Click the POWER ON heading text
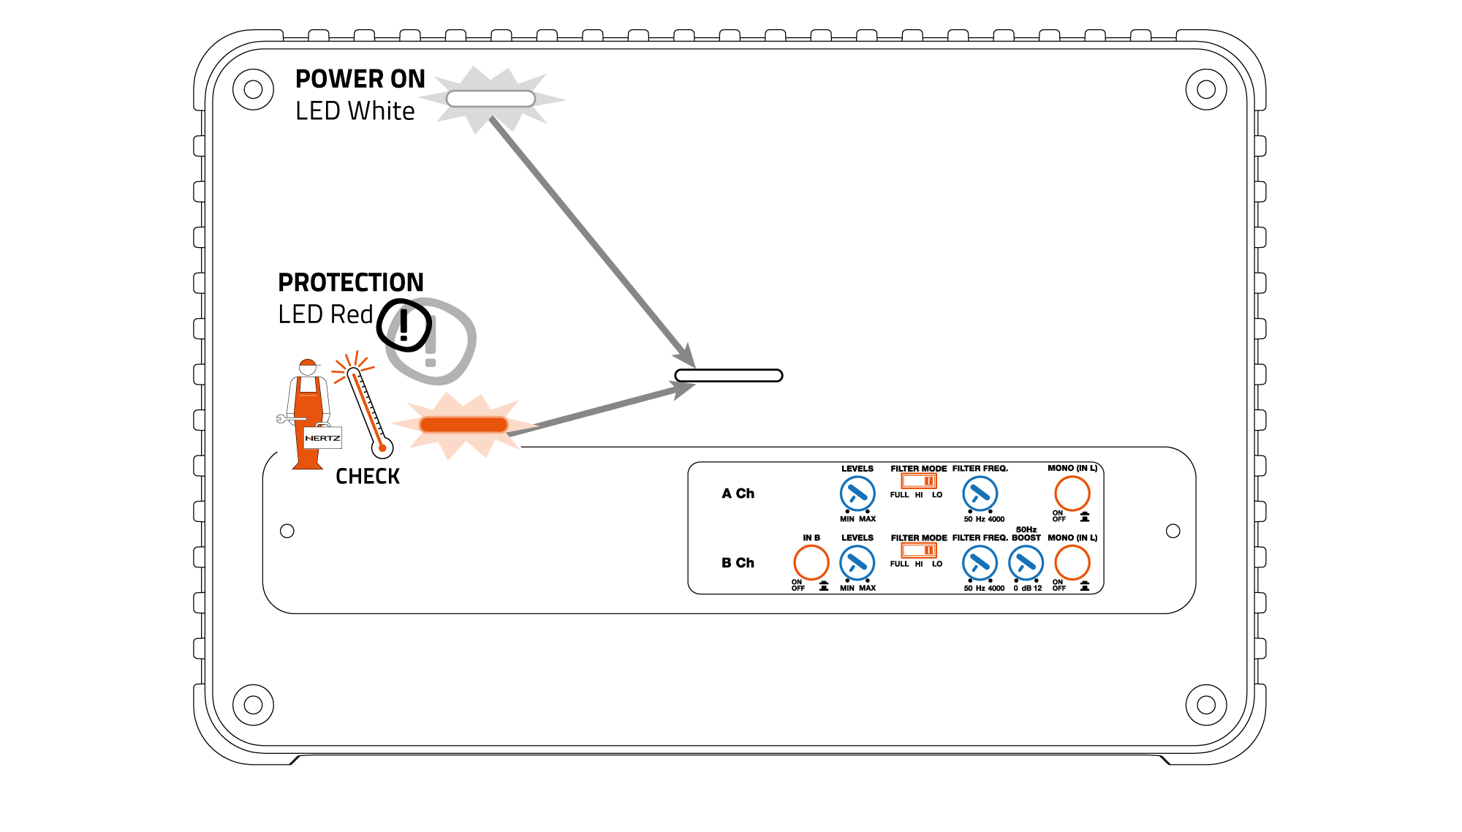point(360,79)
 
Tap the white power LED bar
point(491,99)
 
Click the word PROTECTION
point(351,282)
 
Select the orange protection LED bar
point(463,425)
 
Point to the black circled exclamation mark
point(404,325)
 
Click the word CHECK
point(368,477)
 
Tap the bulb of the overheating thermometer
point(382,447)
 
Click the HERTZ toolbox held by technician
point(322,438)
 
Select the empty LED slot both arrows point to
point(728,376)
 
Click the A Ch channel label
point(738,493)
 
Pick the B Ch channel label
point(738,563)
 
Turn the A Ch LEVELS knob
point(857,493)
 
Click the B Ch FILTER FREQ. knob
point(980,563)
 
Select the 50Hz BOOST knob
point(1026,563)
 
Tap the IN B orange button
point(811,563)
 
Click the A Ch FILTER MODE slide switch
point(918,481)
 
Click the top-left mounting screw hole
point(253,89)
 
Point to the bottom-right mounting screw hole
point(1205,705)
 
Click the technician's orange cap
point(308,363)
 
